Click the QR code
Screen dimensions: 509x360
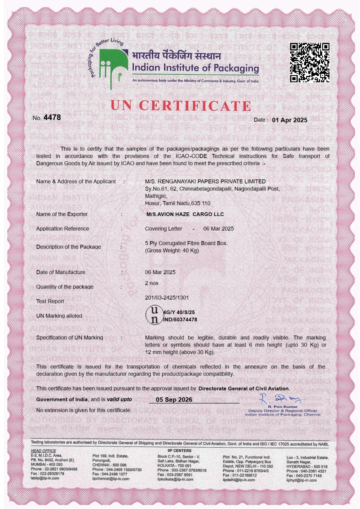click(x=310, y=62)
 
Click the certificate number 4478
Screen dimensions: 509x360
click(x=52, y=117)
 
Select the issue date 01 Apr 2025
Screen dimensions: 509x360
click(x=289, y=120)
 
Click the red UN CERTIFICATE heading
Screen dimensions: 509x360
click(x=181, y=106)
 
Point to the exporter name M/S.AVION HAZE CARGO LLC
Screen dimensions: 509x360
click(x=185, y=214)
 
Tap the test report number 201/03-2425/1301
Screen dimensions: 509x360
click(x=166, y=298)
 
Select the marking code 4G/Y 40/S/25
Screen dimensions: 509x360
click(x=179, y=312)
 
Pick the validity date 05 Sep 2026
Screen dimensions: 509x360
click(x=174, y=400)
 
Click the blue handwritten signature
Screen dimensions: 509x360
click(x=280, y=399)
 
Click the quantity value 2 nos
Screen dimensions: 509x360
click(x=151, y=283)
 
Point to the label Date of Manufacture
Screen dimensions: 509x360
click(x=61, y=272)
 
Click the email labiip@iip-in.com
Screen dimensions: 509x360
click(x=45, y=478)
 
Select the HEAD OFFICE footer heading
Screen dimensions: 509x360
click(x=43, y=451)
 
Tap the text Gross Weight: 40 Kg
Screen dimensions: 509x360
click(x=172, y=250)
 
